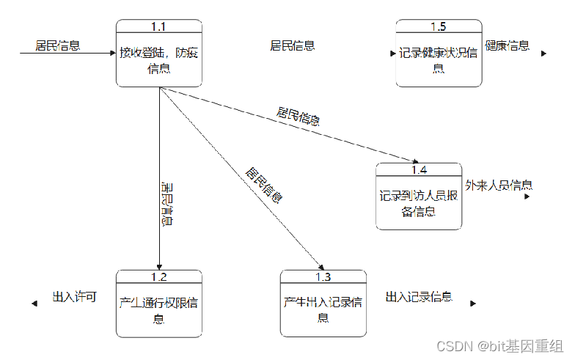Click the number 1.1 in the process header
pos(158,26)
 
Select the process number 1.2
pos(158,276)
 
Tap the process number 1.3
pos(323,276)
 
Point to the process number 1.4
pos(419,170)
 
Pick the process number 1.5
pos(438,26)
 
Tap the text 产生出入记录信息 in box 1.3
pos(323,309)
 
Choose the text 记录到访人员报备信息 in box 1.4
pos(419,203)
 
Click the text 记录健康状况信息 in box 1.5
pos(439,60)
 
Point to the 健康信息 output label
pos(507,45)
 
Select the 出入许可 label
pos(74,297)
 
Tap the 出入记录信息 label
pos(419,297)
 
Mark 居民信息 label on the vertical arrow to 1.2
pos(166,204)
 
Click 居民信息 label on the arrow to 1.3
pos(264,185)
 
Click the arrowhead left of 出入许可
pos(34,303)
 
